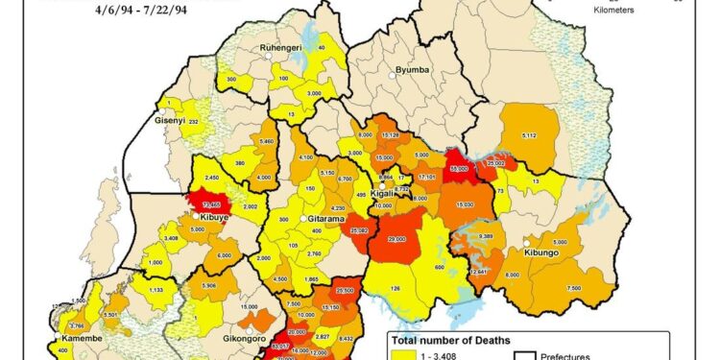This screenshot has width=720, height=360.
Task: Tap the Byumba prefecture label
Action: pos(415,71)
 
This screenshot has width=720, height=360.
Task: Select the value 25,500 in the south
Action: pos(346,290)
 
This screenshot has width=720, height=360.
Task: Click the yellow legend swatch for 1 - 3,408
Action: pos(399,355)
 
